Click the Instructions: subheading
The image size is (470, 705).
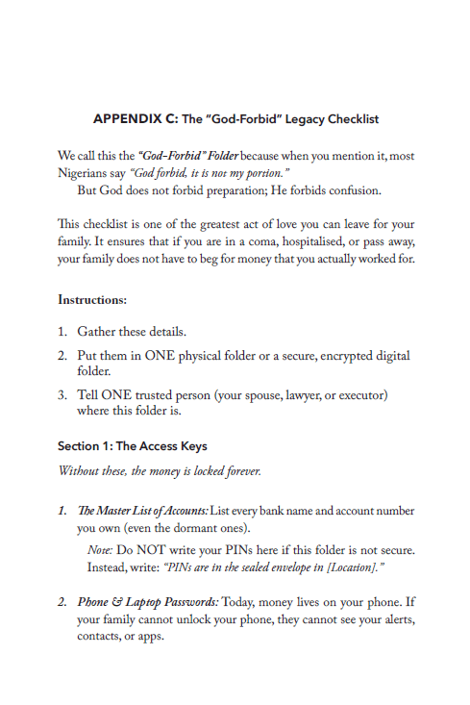click(92, 300)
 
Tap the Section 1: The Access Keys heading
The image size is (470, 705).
click(133, 446)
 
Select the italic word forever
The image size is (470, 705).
click(239, 471)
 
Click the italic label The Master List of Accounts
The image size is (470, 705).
click(141, 510)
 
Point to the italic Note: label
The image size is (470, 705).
click(100, 550)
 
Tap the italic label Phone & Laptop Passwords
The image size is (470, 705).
click(149, 602)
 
